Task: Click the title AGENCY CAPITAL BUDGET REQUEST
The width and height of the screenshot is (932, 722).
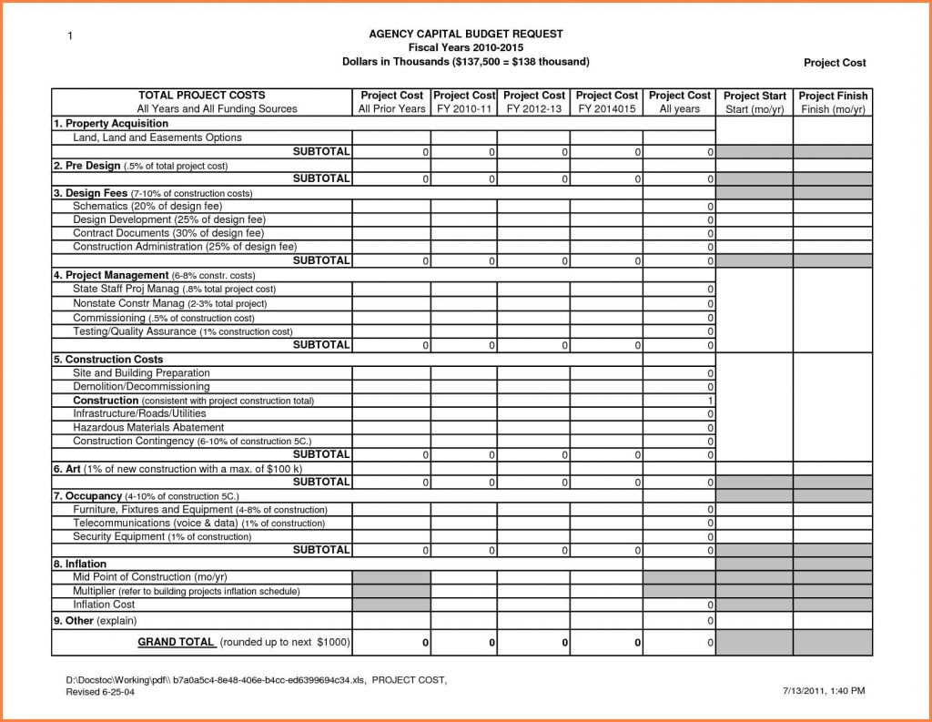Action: (465, 34)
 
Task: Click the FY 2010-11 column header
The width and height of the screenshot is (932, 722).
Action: (463, 102)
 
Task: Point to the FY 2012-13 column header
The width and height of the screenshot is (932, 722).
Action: (533, 102)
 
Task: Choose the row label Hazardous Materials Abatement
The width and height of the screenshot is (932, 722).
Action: (148, 427)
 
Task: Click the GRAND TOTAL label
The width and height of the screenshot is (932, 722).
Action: (177, 642)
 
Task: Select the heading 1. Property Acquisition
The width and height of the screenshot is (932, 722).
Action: (110, 123)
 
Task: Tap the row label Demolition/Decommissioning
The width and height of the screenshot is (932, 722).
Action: (141, 387)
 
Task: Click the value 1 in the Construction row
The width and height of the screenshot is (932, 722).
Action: (710, 401)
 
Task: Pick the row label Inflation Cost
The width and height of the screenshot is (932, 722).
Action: (104, 605)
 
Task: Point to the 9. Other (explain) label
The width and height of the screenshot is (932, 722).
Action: (94, 621)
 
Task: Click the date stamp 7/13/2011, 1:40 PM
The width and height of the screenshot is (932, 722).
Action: (823, 691)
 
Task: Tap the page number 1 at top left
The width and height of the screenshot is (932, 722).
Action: (69, 36)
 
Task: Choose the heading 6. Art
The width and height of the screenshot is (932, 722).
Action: (67, 468)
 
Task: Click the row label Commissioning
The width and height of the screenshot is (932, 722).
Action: (109, 318)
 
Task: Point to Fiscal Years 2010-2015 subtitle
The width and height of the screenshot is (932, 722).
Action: (465, 47)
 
